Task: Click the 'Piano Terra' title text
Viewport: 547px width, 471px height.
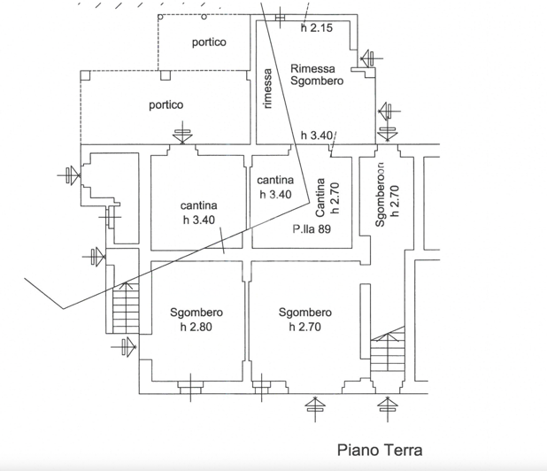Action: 380,450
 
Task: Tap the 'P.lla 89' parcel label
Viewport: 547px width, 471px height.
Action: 310,228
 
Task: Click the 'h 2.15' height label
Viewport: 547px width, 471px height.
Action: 316,28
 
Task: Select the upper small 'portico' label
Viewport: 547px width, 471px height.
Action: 209,42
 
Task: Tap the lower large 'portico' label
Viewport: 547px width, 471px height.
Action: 166,104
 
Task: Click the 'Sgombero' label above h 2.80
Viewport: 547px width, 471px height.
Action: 196,313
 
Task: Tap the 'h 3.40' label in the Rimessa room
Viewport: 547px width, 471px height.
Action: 316,135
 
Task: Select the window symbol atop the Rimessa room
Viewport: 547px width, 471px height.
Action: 281,18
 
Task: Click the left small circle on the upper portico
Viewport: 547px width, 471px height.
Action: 159,17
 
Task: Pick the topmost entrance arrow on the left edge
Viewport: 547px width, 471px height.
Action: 70,175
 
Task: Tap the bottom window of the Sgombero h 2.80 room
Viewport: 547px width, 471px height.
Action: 190,385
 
